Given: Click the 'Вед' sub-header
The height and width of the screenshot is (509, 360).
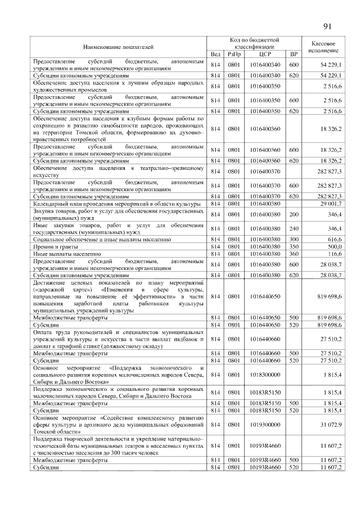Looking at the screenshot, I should click(x=215, y=54).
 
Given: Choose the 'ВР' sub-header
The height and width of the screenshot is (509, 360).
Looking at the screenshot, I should click(x=293, y=54).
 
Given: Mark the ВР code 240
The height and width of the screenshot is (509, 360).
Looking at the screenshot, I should click(x=293, y=229).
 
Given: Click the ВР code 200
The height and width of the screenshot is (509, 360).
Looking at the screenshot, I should click(x=293, y=214).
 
